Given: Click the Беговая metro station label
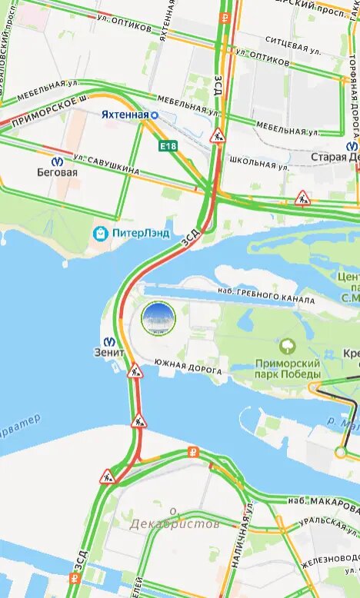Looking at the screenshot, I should coord(58,173).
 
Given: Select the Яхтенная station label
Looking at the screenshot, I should coord(125,115).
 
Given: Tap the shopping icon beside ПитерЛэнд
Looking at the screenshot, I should coord(100,232).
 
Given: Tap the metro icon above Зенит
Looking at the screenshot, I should coord(111,342).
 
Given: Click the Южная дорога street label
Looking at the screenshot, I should coord(188,365).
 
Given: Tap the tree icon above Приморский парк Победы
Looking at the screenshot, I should coord(288,347).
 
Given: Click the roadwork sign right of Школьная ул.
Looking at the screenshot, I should coord(302,199).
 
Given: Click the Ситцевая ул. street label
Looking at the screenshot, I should coord(292,45).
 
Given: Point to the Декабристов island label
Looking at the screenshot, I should coord(174,523).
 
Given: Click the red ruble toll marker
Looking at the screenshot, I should coord(194,452).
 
